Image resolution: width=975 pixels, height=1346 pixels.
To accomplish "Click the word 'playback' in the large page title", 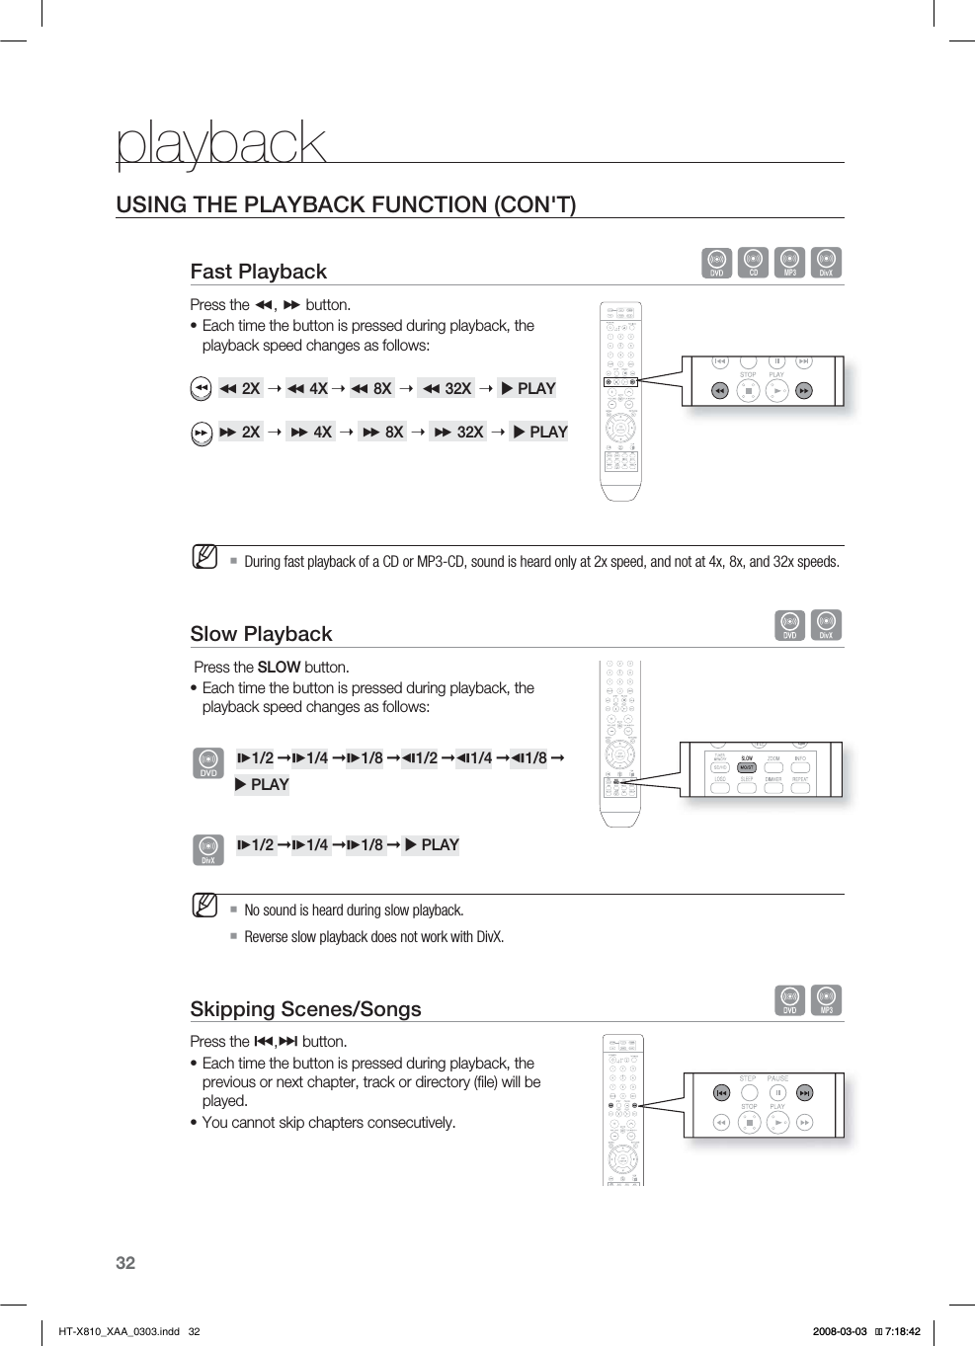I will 220,144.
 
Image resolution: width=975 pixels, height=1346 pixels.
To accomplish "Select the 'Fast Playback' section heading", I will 258,272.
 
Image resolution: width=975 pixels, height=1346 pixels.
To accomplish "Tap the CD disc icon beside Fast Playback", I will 754,263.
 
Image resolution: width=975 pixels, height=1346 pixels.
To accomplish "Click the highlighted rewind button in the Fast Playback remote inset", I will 720,391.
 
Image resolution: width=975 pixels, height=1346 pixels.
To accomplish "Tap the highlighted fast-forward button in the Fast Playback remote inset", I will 804,391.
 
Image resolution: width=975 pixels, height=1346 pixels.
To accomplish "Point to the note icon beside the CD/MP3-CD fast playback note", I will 204,557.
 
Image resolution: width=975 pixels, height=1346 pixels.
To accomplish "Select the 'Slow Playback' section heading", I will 261,634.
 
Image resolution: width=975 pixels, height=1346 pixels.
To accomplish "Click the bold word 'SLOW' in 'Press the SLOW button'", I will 279,668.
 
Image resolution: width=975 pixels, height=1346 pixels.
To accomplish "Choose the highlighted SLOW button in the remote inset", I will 747,766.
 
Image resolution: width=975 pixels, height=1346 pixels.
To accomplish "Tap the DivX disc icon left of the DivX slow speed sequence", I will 208,849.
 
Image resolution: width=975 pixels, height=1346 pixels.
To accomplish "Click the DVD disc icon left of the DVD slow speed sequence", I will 208,762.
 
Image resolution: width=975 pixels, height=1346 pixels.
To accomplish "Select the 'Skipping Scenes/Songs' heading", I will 305,1009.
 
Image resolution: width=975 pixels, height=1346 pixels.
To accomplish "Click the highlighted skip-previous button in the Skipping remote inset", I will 721,1093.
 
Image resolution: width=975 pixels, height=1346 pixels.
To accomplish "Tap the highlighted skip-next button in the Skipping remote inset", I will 805,1093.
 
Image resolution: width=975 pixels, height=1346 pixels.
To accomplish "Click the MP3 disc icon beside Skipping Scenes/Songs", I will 826,1000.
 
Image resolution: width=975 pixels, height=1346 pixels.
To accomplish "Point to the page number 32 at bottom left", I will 125,1263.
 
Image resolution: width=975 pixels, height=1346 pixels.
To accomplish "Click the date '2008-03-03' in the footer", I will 840,1331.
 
